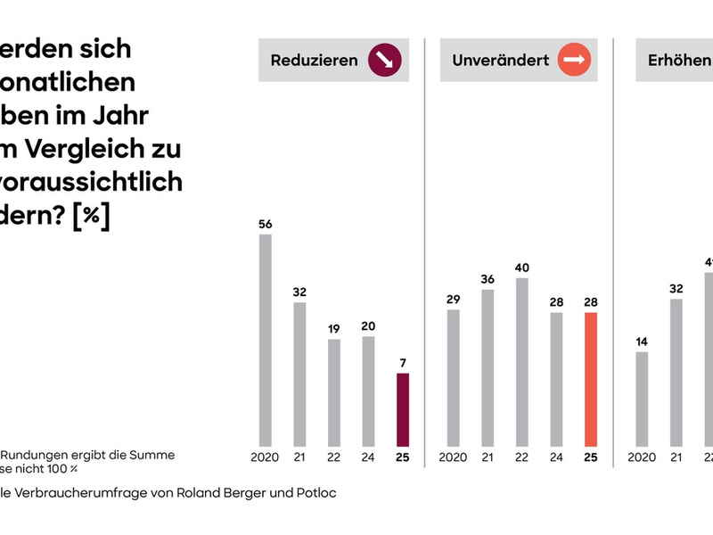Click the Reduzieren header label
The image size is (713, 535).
pyautogui.click(x=315, y=61)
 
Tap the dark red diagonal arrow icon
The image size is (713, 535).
pyautogui.click(x=385, y=61)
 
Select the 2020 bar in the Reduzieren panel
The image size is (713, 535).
pyautogui.click(x=265, y=340)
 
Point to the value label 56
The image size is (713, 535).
pyautogui.click(x=265, y=225)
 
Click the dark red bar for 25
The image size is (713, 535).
pyautogui.click(x=402, y=409)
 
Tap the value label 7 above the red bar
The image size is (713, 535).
pyautogui.click(x=402, y=363)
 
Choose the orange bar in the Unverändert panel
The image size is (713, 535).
pyautogui.click(x=591, y=379)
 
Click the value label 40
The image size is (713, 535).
pyautogui.click(x=522, y=267)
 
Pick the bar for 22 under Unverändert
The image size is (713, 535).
pyautogui.click(x=522, y=361)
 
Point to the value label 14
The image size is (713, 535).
pyautogui.click(x=642, y=342)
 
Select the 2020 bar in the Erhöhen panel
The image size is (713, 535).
pyautogui.click(x=642, y=399)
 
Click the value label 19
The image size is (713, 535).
pyautogui.click(x=333, y=329)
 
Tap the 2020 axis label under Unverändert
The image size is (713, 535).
pyautogui.click(x=453, y=457)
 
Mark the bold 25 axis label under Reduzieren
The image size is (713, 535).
pyautogui.click(x=402, y=457)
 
